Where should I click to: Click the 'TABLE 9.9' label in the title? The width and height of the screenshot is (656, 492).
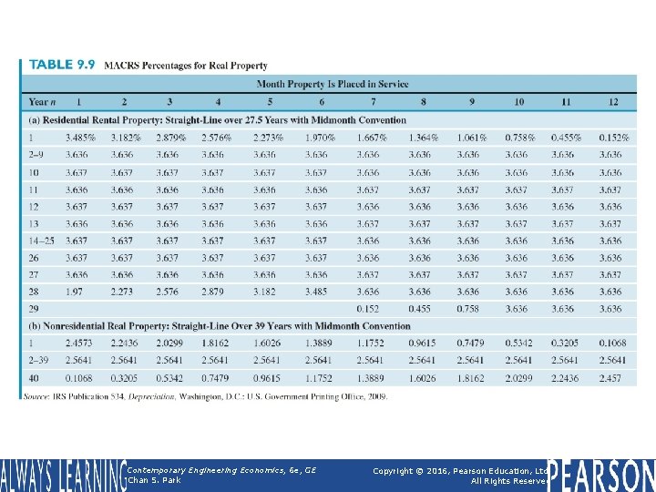(x=62, y=66)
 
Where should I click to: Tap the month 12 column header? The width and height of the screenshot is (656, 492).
(x=612, y=102)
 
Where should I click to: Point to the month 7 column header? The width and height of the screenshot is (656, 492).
(x=372, y=102)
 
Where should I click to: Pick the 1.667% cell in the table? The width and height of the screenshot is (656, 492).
(x=371, y=138)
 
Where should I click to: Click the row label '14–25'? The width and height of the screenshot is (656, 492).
(x=42, y=241)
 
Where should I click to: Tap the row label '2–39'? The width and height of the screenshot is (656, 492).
(x=38, y=360)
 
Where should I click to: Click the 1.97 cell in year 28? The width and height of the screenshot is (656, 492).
(x=74, y=292)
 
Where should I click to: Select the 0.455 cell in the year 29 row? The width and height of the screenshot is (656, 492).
(x=419, y=309)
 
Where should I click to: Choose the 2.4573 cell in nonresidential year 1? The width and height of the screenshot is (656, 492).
(x=78, y=343)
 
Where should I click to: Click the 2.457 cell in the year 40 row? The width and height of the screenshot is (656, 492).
(x=610, y=377)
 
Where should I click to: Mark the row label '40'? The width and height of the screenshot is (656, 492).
(x=34, y=377)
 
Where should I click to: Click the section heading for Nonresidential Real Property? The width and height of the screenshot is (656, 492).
(x=220, y=326)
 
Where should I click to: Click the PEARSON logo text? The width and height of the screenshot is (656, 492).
(x=602, y=475)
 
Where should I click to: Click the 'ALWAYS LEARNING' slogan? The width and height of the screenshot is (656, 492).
(x=64, y=475)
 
